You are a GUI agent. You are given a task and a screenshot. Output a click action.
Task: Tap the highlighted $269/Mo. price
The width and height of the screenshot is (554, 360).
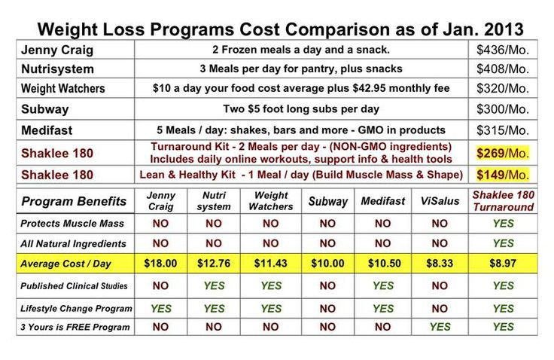click(503, 153)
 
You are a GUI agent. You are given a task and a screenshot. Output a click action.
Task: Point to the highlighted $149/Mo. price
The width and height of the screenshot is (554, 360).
click(503, 175)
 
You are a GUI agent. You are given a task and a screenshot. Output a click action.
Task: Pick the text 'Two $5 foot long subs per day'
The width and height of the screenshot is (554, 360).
click(301, 108)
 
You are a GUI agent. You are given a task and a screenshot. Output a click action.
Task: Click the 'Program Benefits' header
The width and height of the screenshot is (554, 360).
click(74, 201)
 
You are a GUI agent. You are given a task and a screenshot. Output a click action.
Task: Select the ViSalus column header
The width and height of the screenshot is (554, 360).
click(440, 201)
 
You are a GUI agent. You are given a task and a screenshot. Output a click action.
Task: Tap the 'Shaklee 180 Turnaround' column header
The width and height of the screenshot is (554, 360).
click(503, 201)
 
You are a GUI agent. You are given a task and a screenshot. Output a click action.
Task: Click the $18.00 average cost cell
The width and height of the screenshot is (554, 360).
click(160, 263)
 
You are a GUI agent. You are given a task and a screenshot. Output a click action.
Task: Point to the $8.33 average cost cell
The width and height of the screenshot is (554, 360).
click(440, 263)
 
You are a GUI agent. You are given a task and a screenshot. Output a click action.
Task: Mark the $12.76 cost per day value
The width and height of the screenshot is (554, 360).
click(214, 263)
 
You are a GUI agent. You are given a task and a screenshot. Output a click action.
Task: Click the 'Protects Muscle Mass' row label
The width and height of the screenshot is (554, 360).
click(72, 224)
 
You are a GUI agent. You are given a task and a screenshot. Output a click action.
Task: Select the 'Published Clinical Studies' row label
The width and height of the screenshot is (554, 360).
click(74, 286)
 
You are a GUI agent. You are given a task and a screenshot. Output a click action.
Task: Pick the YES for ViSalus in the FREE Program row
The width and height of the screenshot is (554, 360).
click(440, 327)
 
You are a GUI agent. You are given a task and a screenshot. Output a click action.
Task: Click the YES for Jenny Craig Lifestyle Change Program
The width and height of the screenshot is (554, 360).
click(160, 308)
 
